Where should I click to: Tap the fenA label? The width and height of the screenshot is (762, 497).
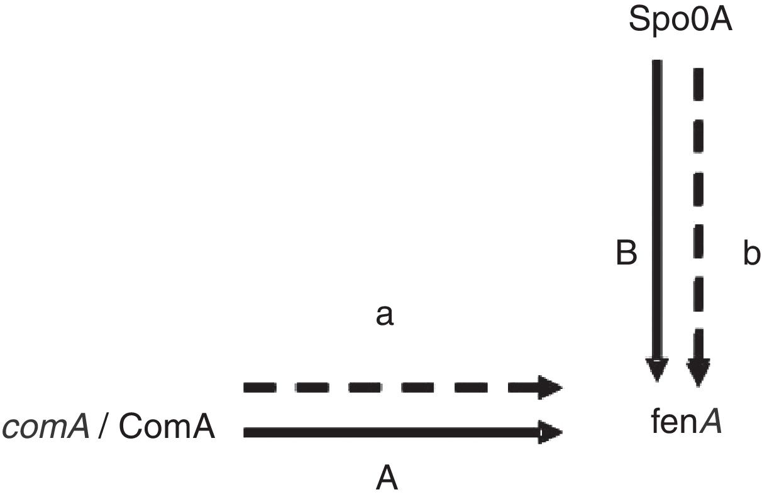click(685, 423)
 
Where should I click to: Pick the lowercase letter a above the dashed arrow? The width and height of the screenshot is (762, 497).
click(384, 316)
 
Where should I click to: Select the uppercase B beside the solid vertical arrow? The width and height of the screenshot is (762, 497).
click(626, 254)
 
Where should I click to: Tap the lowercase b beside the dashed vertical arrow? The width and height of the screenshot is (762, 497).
click(751, 254)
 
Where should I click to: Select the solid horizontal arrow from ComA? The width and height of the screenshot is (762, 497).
click(390, 432)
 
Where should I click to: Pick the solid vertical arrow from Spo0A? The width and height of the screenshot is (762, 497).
click(657, 207)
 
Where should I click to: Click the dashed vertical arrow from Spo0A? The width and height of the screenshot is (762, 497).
click(698, 207)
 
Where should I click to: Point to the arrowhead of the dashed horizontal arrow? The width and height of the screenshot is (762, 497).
click(550, 388)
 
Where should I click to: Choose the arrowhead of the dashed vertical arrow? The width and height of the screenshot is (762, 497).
click(698, 372)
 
